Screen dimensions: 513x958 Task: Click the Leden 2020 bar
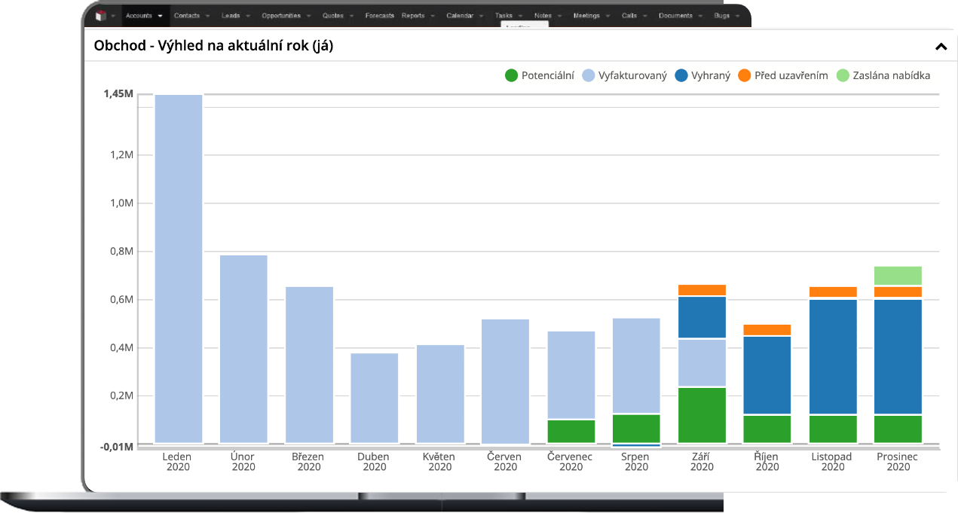coord(178,268)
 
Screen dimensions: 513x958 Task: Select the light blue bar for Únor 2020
coord(243,348)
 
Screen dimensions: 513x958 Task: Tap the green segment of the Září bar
coord(702,414)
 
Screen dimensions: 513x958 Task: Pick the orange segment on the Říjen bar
coord(767,330)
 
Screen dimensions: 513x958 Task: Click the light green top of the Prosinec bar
coord(898,276)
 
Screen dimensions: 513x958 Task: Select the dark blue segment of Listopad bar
coord(833,357)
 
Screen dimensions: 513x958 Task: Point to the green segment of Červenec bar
coord(571,430)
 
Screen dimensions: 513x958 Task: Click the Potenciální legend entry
coord(540,75)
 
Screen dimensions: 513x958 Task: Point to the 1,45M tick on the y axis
coord(119,94)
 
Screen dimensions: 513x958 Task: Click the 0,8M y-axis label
coord(121,252)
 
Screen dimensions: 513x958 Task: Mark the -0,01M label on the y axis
coord(117,447)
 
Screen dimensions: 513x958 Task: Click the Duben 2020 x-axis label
coord(375,462)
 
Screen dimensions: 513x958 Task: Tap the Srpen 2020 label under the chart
coord(636,462)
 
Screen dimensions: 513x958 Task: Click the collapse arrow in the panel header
coord(941,47)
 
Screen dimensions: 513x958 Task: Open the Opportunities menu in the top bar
coord(281,15)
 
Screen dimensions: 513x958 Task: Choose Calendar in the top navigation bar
coord(460,15)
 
